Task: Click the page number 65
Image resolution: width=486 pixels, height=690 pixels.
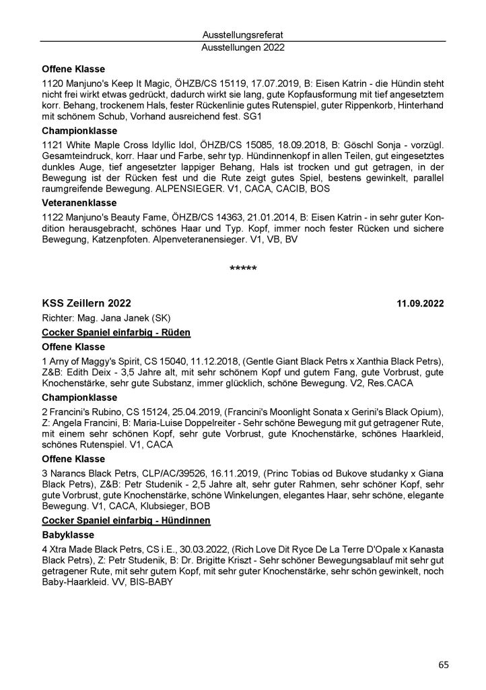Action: (443, 665)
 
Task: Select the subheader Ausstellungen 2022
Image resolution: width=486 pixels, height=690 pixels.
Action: (243, 48)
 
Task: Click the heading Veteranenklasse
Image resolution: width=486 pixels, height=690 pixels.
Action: (79, 202)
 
